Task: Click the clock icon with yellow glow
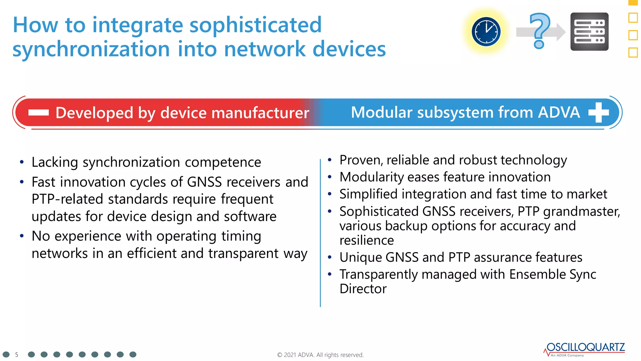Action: point(486,32)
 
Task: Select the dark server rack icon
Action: point(589,32)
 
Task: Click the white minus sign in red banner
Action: point(38,112)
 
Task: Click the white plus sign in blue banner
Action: point(598,112)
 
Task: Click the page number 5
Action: point(17,355)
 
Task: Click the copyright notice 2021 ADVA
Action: point(320,355)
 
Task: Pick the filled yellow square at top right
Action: point(633,3)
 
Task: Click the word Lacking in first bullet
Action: point(55,162)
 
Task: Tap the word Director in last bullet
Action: point(363,289)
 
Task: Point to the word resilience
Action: point(367,240)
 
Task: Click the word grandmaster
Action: point(582,212)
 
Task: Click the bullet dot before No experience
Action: point(22,236)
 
